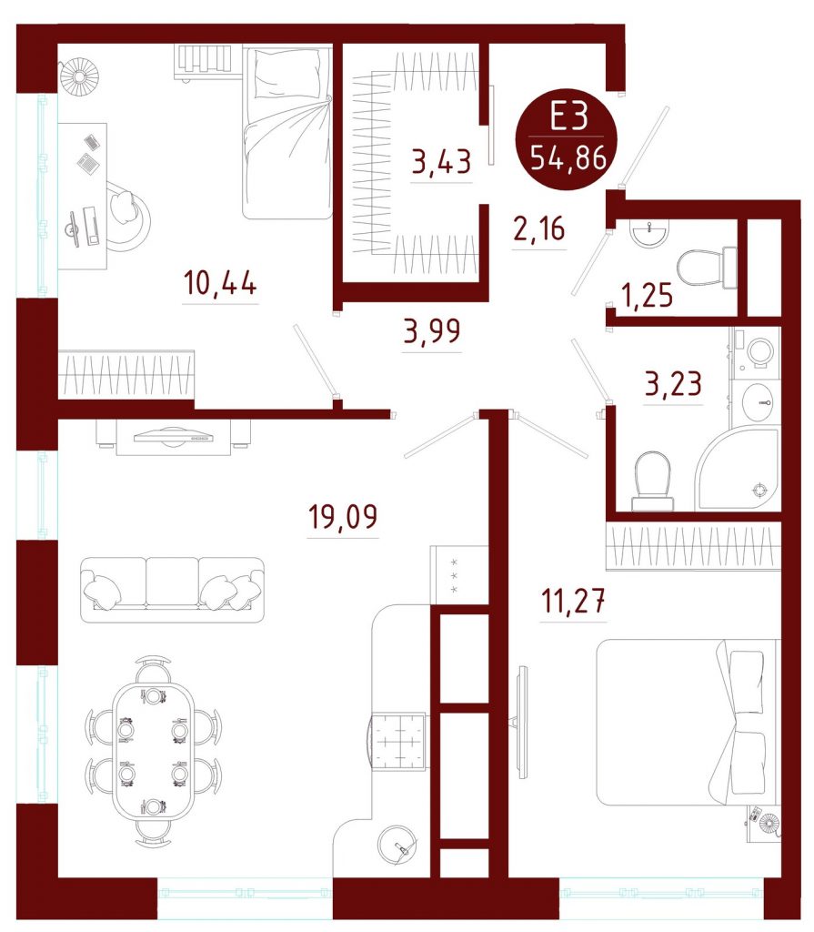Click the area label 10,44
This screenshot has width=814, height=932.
pos(220,282)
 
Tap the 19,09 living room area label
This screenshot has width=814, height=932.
pos(343,516)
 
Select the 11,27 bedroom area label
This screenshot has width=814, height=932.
pos(573,601)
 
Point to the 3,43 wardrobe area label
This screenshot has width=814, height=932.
pos(441,161)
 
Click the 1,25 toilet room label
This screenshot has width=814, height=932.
pos(647,295)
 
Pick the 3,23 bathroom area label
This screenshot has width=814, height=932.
pos(673,383)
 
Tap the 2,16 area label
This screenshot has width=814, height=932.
pos(539,228)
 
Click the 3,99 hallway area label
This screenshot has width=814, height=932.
pos(432,331)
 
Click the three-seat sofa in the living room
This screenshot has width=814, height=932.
pos(172,590)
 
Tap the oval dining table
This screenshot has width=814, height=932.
pos(154,751)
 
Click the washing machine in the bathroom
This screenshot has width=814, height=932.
pos(757,352)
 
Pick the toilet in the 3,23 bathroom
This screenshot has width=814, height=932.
pos(652,481)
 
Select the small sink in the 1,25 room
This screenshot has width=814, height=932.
pos(650,233)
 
